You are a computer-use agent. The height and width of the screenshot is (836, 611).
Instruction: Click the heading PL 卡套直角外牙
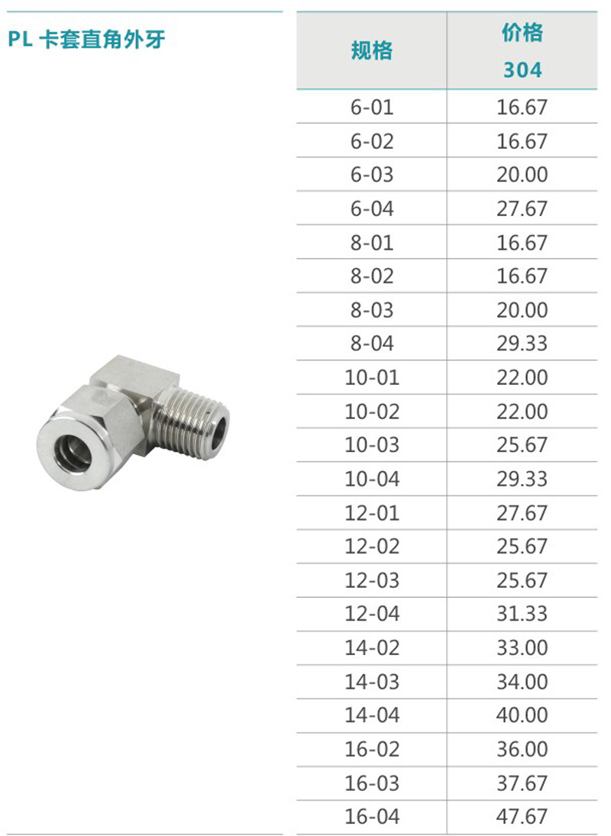tap(86, 40)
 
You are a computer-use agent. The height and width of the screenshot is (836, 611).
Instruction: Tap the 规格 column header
tap(372, 50)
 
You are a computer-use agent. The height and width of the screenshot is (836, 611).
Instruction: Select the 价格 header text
tap(522, 33)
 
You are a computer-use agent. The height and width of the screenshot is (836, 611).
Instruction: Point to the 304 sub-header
tap(522, 69)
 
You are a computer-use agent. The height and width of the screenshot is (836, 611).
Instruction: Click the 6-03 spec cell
tap(372, 174)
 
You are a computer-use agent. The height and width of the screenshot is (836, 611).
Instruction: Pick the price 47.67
tap(522, 816)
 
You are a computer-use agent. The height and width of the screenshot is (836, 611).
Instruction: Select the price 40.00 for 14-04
tap(522, 715)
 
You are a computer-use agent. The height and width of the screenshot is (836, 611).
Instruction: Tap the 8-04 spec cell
tap(372, 344)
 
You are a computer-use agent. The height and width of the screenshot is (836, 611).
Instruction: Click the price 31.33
tap(522, 614)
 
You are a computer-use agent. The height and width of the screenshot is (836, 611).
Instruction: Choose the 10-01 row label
tap(372, 377)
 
